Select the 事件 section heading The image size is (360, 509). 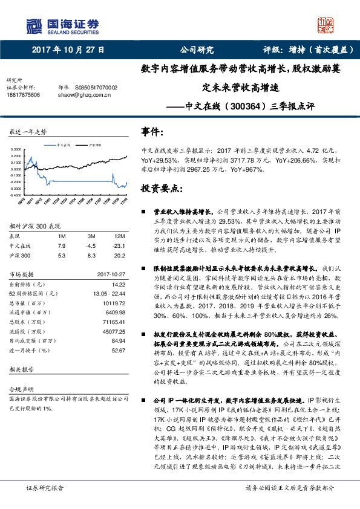point(151,132)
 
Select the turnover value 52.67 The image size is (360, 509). point(118,349)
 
